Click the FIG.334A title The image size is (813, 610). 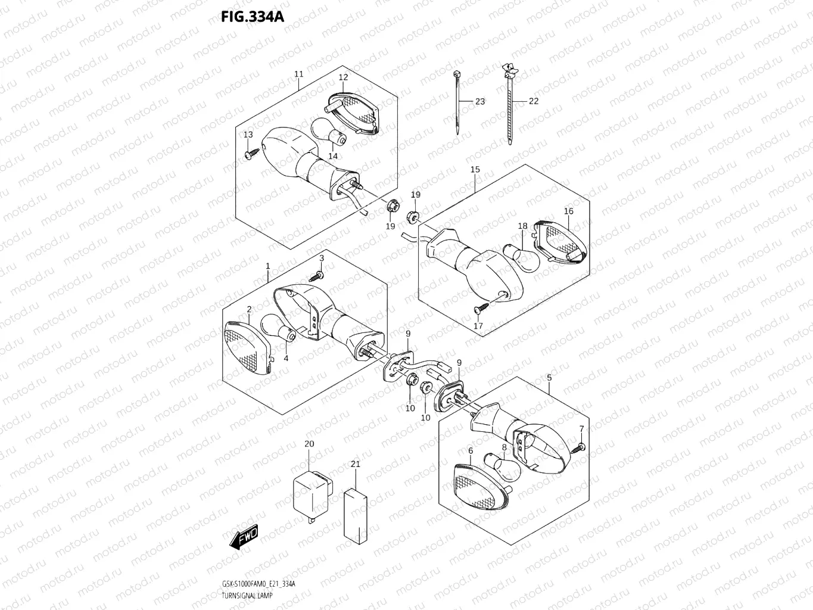click(253, 16)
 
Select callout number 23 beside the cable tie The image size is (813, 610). click(479, 102)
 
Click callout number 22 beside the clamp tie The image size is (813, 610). click(533, 101)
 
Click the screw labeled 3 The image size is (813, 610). click(318, 276)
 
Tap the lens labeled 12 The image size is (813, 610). click(354, 113)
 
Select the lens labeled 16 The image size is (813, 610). click(560, 241)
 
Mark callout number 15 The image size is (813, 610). click(475, 170)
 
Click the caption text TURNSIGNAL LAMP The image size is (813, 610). click(245, 596)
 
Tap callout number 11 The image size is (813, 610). click(298, 74)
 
